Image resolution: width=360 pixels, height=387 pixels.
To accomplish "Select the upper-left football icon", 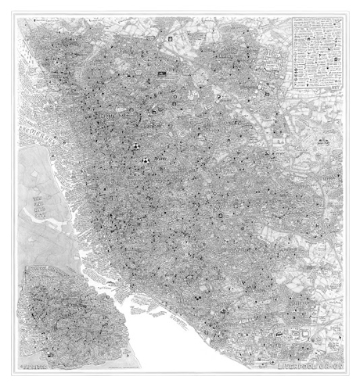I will point(135,145).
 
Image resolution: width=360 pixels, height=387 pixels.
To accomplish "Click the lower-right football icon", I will point(146,161).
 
